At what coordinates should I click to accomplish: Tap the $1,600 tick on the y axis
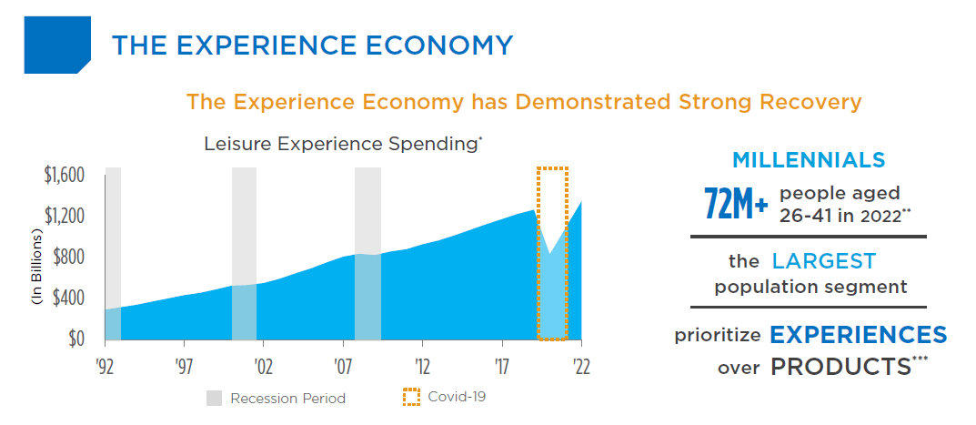[x=65, y=175]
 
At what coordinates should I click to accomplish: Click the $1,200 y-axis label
[x=65, y=216]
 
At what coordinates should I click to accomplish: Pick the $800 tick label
[x=69, y=257]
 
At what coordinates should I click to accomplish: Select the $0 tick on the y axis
[x=75, y=339]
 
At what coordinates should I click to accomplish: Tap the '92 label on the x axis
[x=105, y=365]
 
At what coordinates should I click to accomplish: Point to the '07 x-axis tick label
[x=343, y=365]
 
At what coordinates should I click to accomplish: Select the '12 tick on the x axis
[x=422, y=365]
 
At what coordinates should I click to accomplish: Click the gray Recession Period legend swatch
[x=214, y=398]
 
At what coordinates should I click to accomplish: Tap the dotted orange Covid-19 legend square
[x=411, y=397]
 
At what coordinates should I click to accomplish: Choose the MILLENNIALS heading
[x=809, y=160]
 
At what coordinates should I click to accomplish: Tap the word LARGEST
[x=823, y=262]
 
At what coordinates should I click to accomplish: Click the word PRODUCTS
[x=840, y=368]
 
